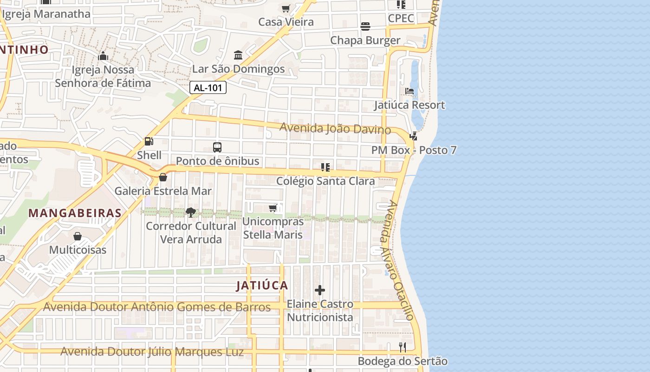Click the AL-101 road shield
point(208,87)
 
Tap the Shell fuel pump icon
point(149,141)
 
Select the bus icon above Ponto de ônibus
point(217,147)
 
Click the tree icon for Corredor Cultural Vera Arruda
point(190,213)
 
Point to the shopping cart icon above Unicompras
point(273,208)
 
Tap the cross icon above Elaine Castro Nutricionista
point(320,291)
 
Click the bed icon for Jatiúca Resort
point(409,91)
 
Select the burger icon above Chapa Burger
point(365,27)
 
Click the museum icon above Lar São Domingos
point(238,55)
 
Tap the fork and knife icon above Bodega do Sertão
point(403,347)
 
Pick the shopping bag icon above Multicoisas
point(78,236)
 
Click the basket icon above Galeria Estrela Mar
point(163,177)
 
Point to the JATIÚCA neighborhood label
point(262,286)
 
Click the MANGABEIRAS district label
point(75,213)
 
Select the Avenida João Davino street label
point(335,128)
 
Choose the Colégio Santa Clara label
point(325,181)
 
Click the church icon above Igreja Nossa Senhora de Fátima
point(103,56)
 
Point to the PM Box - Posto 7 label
point(414,150)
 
